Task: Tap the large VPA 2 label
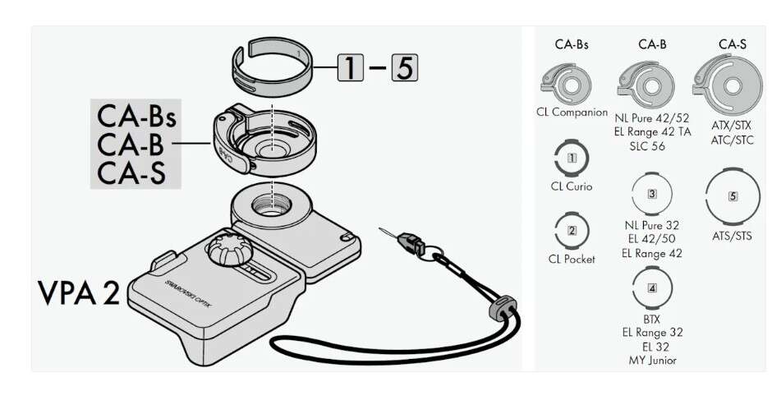coord(78,294)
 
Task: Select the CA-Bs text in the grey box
coord(136,116)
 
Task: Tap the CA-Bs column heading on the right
coord(572,44)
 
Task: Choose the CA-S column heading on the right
coord(733,44)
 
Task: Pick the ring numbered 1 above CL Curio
coord(572,157)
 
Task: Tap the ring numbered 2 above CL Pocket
coord(572,231)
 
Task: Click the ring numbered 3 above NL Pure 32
coord(652,195)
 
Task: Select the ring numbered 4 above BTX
coord(652,287)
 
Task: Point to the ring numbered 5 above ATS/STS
coord(733,197)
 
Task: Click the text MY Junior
coord(652,361)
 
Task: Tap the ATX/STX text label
coord(733,126)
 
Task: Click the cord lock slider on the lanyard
coord(498,310)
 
